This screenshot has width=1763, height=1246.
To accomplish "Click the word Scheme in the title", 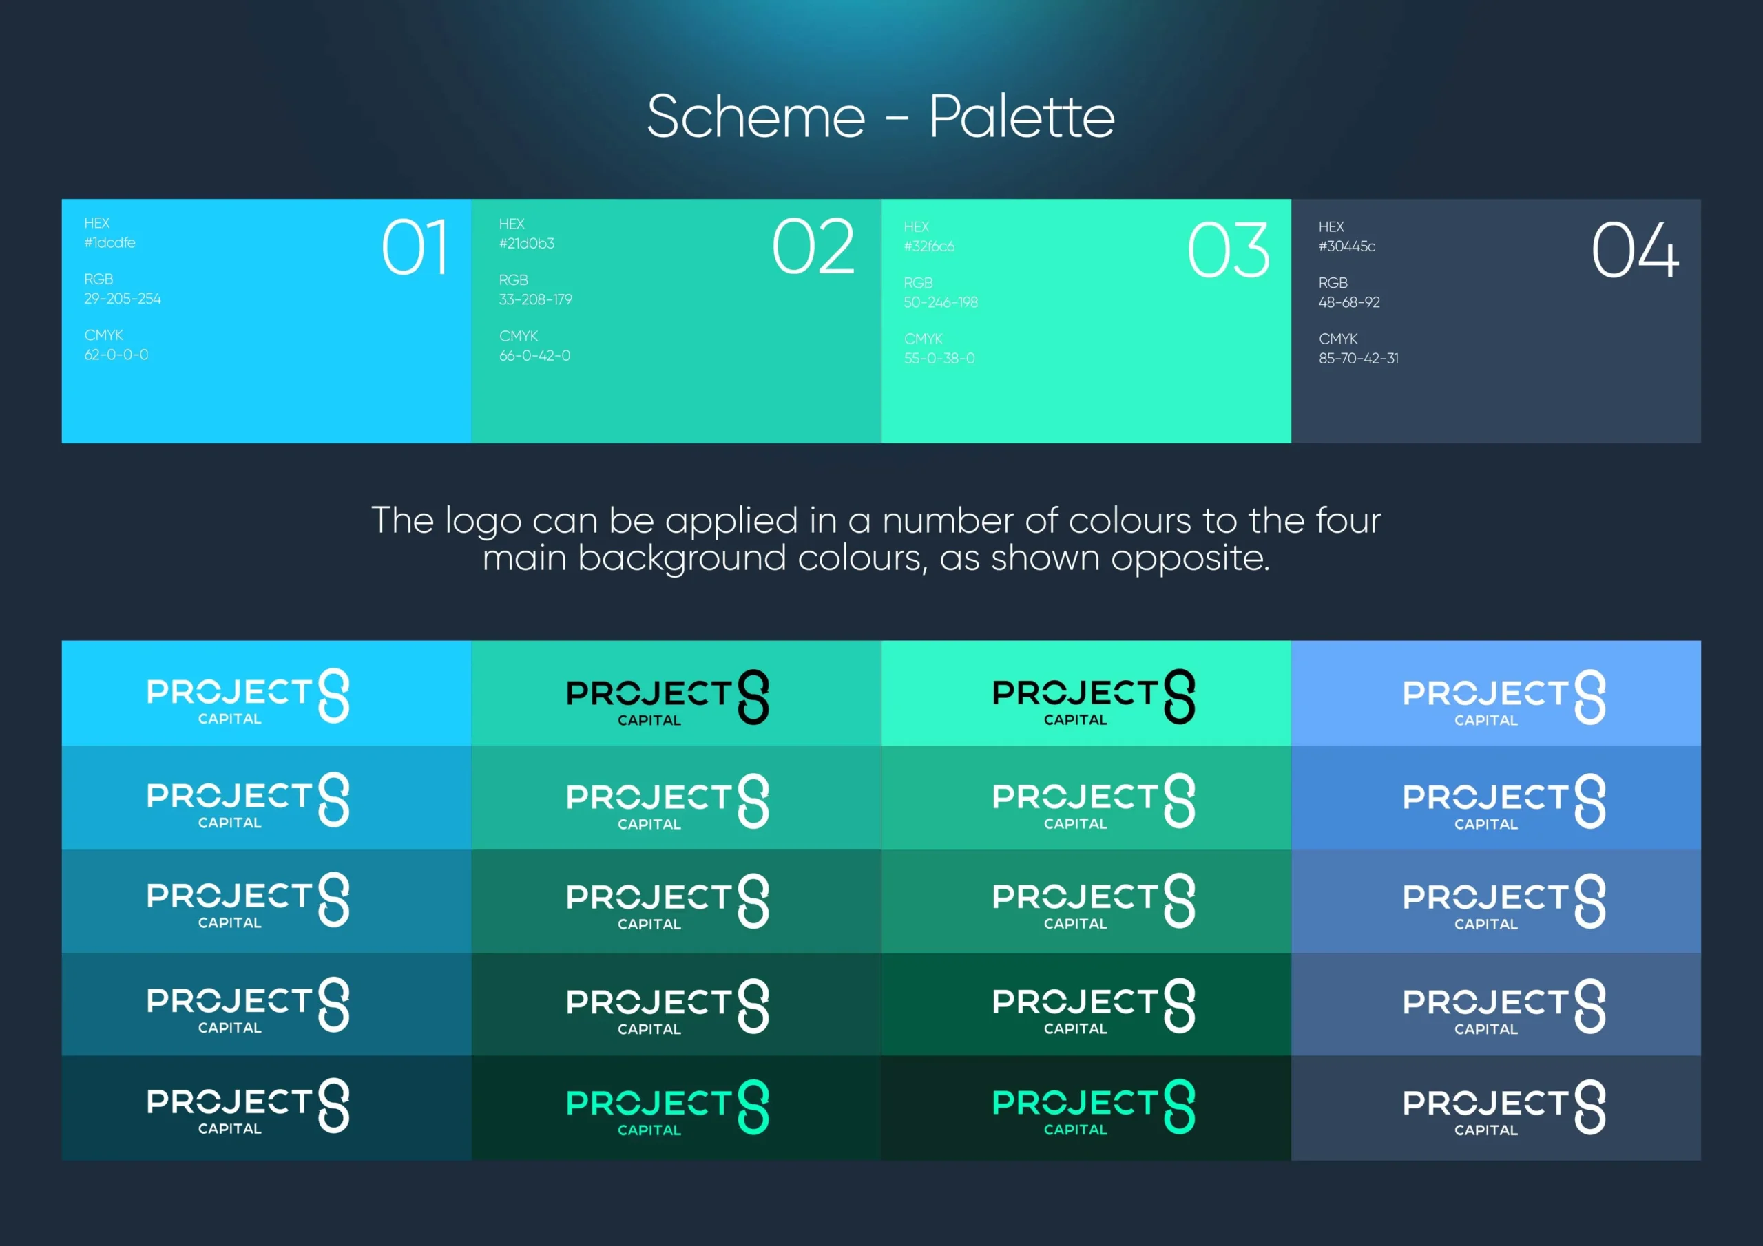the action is coord(755,117).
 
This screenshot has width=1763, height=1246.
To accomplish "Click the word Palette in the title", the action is coord(1022,117).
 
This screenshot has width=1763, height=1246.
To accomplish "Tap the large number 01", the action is coord(415,247).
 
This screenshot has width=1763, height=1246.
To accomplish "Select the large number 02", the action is coord(813,246).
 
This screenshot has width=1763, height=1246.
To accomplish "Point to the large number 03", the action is coord(1229,251).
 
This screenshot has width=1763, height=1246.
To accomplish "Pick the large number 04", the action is coord(1635,251).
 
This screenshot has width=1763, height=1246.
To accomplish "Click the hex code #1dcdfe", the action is coord(109,242).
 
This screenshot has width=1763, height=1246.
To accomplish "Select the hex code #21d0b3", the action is coord(527,244).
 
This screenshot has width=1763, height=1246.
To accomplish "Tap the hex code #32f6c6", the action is coord(929,246).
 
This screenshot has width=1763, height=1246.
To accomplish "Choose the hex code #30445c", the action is coord(1347,246).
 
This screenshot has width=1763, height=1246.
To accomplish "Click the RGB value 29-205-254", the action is coord(123,299).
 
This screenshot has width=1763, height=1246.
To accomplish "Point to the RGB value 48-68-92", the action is coord(1349,302).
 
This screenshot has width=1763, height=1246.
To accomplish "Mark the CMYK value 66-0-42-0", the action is coord(534,355).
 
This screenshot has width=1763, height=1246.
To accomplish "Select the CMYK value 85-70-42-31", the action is coord(1358,359).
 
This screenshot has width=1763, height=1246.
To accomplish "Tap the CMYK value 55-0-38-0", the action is coord(939,359).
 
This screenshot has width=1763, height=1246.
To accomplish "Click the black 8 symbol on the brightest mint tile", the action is coord(1180,697).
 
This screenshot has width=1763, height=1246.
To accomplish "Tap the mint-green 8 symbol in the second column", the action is coord(753,1107).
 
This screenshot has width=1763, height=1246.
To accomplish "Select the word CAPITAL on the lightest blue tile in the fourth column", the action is coord(1485,720).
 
